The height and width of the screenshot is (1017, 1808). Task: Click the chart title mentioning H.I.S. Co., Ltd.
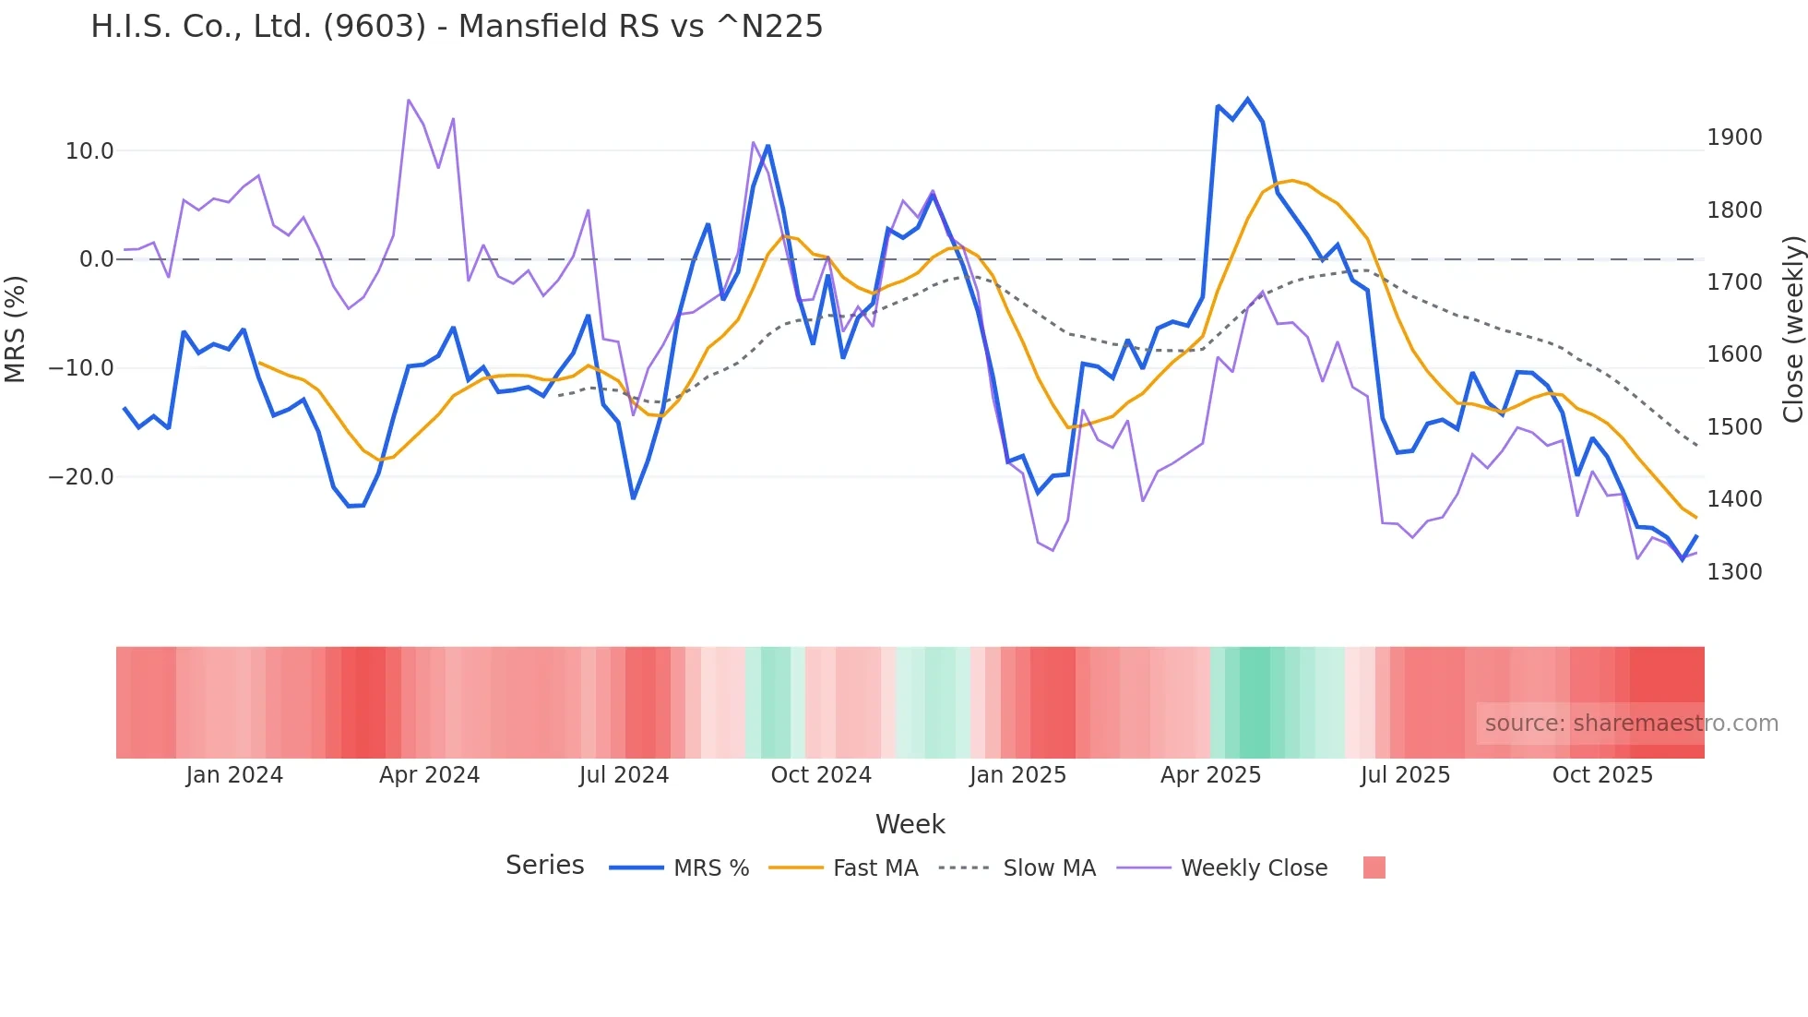[x=457, y=27]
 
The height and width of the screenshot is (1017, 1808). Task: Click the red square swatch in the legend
[x=1374, y=867]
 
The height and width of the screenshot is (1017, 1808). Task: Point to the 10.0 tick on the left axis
[x=89, y=151]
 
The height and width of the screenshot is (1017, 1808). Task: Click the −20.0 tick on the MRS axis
[x=81, y=477]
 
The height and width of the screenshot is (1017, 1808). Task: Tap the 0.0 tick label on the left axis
[x=96, y=259]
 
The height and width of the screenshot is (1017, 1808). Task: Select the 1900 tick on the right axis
[x=1734, y=138]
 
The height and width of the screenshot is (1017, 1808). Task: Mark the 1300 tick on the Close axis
[x=1734, y=572]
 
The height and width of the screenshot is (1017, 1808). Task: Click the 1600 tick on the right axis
[x=1734, y=354]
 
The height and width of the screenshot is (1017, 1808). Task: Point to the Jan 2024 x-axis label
[x=234, y=775]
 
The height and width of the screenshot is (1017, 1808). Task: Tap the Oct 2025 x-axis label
[x=1602, y=775]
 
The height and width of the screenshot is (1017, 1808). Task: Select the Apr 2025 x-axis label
[x=1210, y=775]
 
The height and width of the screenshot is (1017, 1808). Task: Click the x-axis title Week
[x=910, y=824]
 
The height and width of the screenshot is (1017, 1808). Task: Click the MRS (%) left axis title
[x=15, y=329]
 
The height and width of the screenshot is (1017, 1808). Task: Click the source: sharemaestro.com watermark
[x=1631, y=724]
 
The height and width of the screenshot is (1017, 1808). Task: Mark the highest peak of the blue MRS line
[x=1247, y=99]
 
